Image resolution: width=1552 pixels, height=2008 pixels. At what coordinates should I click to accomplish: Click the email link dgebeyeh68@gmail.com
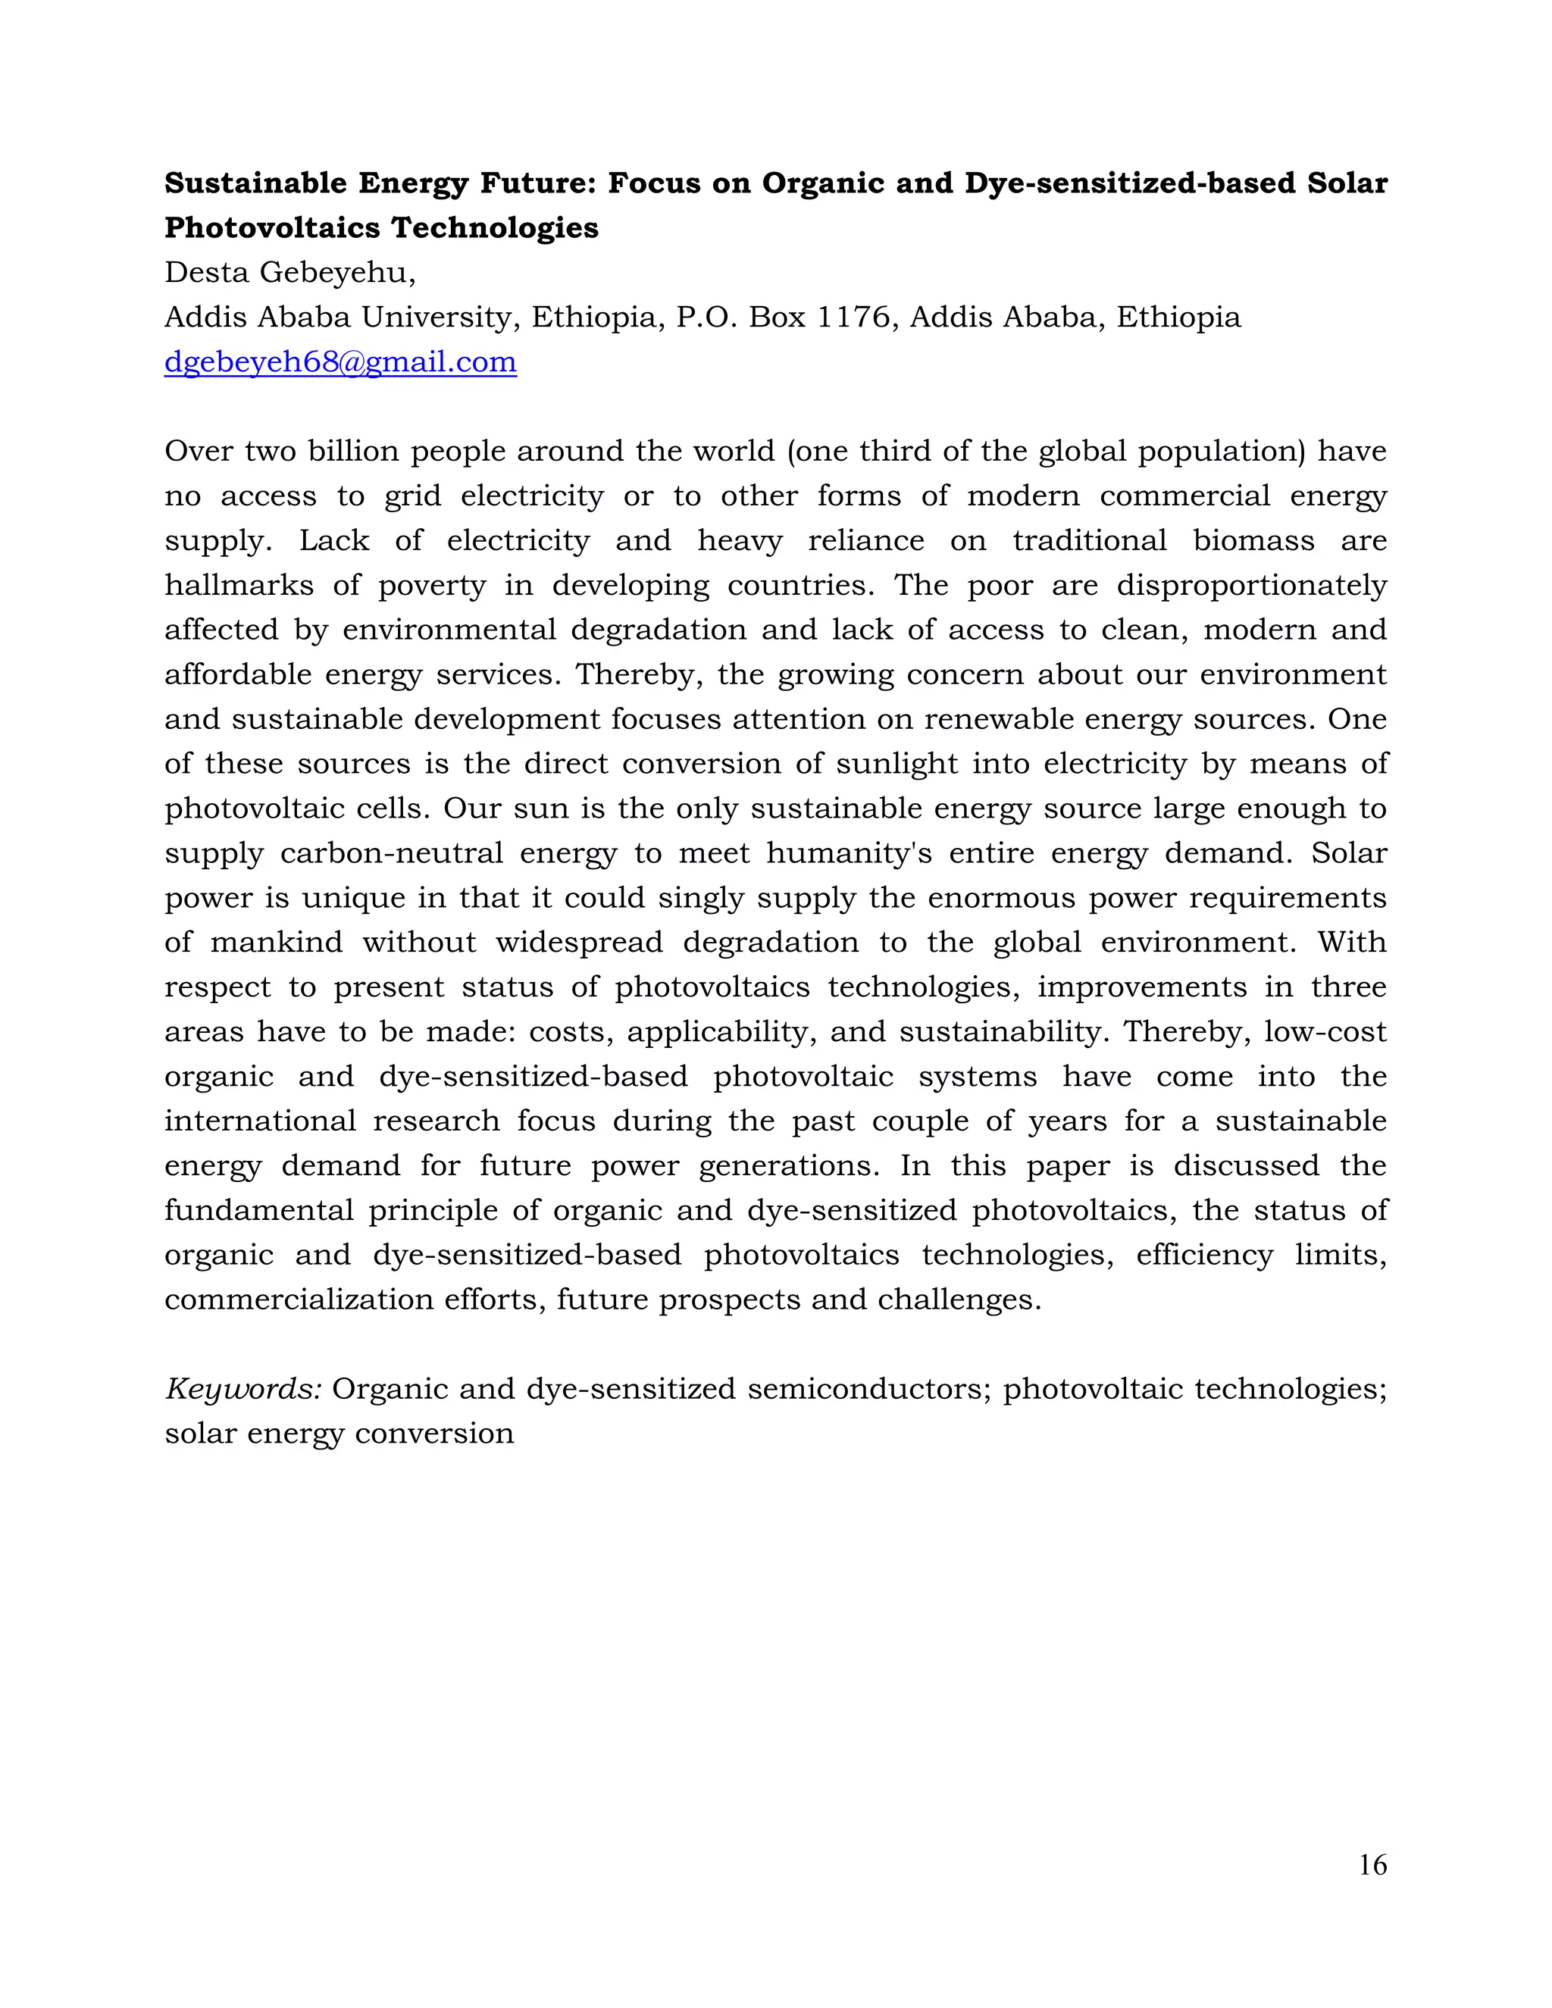pyautogui.click(x=340, y=362)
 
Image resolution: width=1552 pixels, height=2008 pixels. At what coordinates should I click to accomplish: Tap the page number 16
pyautogui.click(x=1372, y=1865)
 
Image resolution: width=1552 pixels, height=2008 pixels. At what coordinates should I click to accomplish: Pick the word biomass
pyautogui.click(x=1253, y=540)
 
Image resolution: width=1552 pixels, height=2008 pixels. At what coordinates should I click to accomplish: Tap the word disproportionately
pyautogui.click(x=1251, y=586)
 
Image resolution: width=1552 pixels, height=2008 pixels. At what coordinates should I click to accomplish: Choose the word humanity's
pyautogui.click(x=850, y=853)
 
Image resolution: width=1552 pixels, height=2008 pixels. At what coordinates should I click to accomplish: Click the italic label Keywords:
pyautogui.click(x=242, y=1389)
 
